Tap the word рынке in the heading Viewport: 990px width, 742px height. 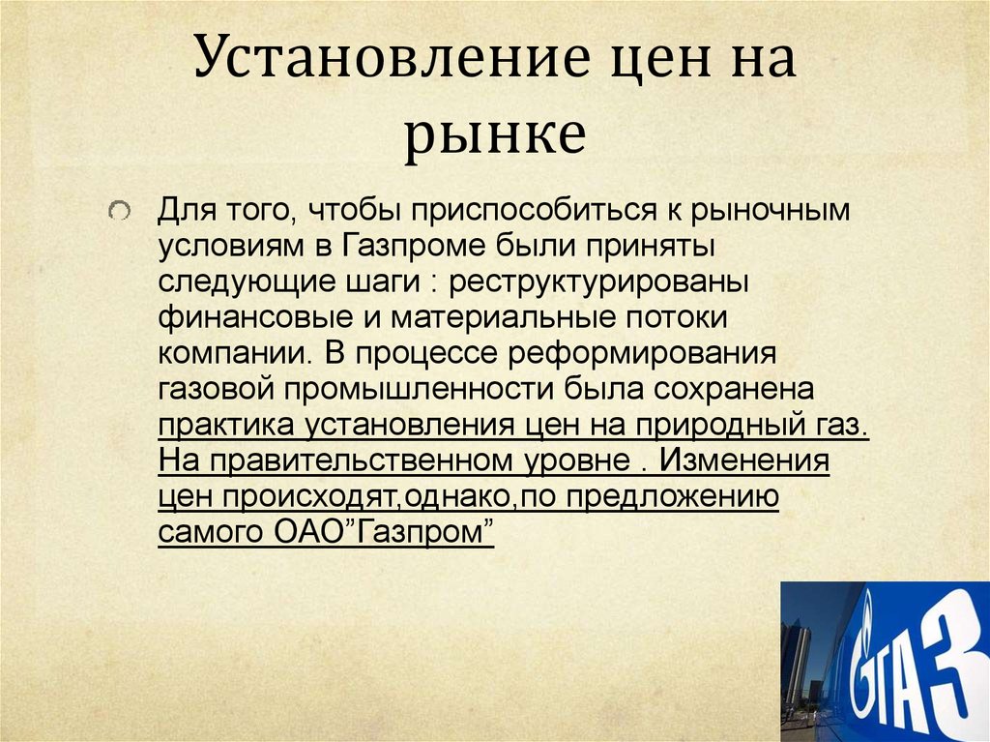click(x=494, y=136)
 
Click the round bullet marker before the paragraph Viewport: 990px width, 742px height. click(x=118, y=211)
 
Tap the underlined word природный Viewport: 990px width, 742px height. click(x=726, y=426)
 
